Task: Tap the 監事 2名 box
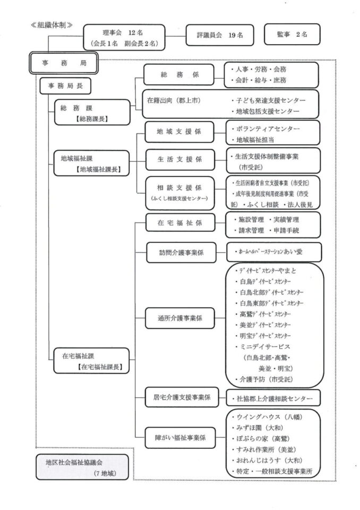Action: coord(292,35)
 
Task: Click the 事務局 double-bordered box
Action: coord(63,63)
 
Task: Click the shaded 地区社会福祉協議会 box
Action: coord(82,467)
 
